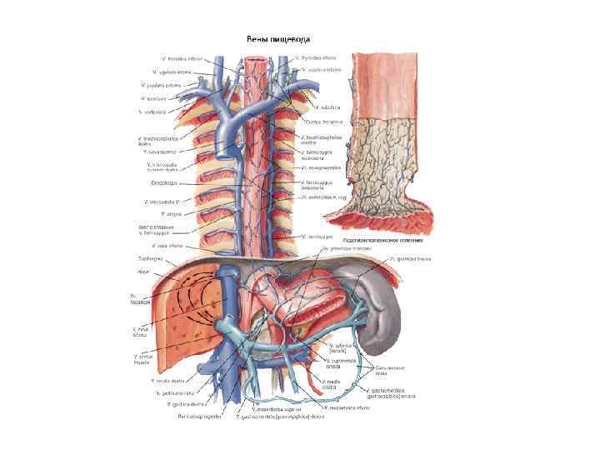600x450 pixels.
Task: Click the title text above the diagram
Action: [x=277, y=39]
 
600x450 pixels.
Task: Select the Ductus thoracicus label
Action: [x=320, y=122]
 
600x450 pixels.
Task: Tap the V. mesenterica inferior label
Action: [x=343, y=408]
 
